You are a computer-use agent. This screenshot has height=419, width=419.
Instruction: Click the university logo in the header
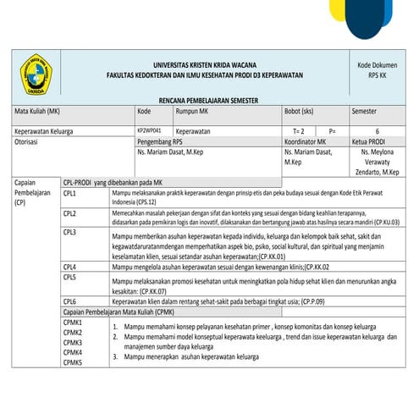[x=38, y=75]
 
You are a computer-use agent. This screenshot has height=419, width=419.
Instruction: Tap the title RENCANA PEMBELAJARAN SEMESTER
[x=208, y=100]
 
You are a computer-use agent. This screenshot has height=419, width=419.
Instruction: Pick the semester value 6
[x=376, y=132]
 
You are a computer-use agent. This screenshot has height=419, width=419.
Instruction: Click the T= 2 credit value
[x=298, y=132]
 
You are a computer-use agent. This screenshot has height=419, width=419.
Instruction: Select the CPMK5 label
[x=73, y=362]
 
